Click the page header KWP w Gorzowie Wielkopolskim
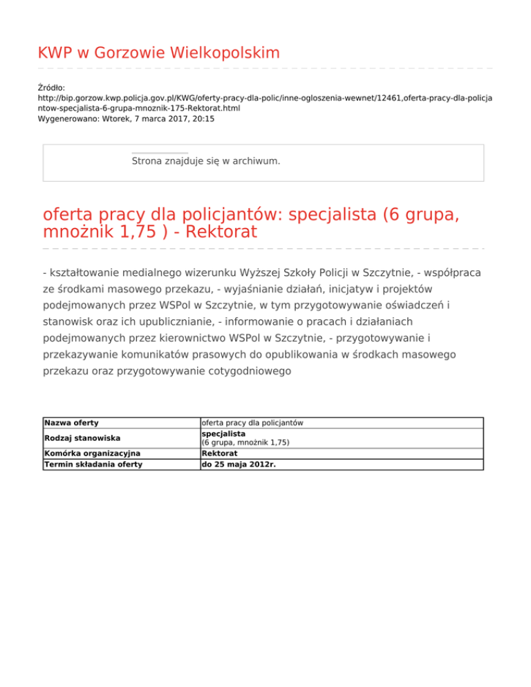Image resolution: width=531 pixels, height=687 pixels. pos(158,53)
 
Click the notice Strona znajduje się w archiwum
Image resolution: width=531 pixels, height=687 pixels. pos(206,161)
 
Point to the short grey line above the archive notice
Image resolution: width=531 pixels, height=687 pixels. pos(159,153)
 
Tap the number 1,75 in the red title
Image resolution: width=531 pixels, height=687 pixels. pos(129,232)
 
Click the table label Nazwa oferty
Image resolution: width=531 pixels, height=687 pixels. pos(71,422)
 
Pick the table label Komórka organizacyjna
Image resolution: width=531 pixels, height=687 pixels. pos(92,453)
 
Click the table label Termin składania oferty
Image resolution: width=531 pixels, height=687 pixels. pos(93,464)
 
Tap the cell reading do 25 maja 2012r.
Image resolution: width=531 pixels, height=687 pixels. pos(238,464)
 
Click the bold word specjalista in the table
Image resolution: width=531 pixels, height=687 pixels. pos(223,433)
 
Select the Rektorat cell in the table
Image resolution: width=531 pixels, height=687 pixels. pos(221,453)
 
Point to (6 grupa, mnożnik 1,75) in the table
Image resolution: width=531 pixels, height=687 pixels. pos(245,442)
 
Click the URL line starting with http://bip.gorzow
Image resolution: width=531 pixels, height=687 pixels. pos(264,98)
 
